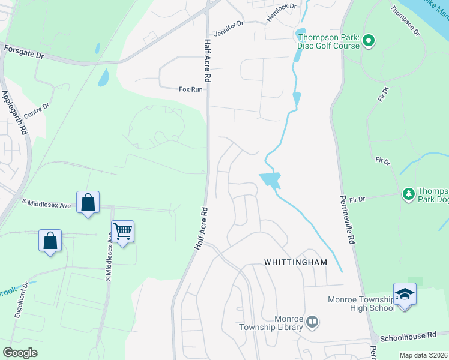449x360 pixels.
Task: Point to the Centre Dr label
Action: click(x=37, y=112)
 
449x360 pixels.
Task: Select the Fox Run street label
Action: click(x=191, y=89)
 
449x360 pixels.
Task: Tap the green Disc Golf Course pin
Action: click(x=369, y=41)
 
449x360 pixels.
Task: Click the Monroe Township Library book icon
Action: click(x=312, y=323)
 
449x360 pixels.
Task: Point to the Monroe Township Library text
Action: click(x=274, y=323)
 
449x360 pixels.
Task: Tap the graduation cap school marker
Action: click(x=405, y=294)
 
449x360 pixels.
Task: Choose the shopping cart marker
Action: click(x=123, y=231)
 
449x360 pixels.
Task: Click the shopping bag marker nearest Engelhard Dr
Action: click(x=50, y=241)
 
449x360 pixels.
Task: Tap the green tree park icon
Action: click(x=409, y=193)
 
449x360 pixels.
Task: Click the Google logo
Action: click(x=20, y=353)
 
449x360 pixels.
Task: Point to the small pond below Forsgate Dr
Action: click(x=104, y=77)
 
